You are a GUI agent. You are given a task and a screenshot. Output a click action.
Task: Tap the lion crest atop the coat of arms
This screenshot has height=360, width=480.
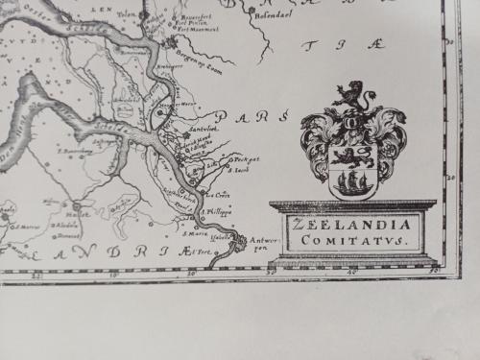350,96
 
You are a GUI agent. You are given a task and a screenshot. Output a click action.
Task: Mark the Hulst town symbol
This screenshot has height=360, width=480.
76,206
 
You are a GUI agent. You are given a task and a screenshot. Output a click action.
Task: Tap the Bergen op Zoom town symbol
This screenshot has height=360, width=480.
171,43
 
